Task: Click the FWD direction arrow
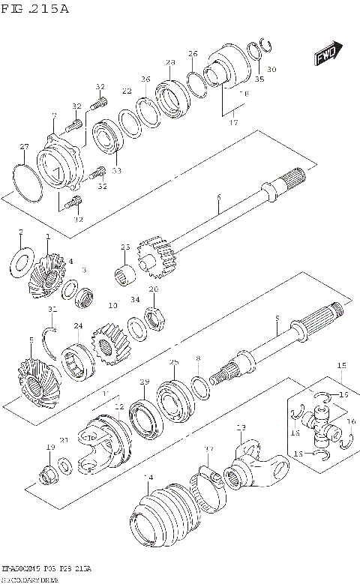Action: point(324,56)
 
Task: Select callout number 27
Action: point(24,146)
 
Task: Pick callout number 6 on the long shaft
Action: point(218,197)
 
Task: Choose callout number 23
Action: point(124,247)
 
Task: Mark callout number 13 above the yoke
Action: point(241,427)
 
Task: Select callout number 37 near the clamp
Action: point(208,449)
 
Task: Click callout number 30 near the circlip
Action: point(271,70)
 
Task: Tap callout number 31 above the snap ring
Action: point(52,310)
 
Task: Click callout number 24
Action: point(78,325)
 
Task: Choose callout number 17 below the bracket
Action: point(233,122)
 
